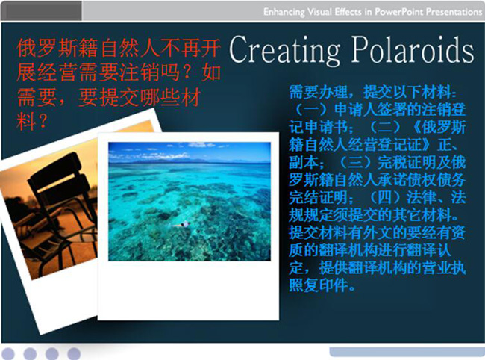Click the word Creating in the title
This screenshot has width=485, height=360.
click(284, 50)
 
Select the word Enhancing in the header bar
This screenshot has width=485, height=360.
click(284, 12)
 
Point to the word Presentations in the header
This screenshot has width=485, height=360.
click(454, 12)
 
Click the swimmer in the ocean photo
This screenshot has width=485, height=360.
click(183, 224)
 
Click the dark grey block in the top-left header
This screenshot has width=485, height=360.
click(42, 10)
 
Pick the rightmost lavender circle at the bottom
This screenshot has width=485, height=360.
click(74, 353)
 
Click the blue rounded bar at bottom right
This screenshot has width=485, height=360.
click(407, 352)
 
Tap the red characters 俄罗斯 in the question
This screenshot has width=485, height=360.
click(47, 49)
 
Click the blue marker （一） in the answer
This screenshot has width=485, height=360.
click(311, 109)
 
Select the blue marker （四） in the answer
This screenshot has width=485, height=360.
click(386, 197)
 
